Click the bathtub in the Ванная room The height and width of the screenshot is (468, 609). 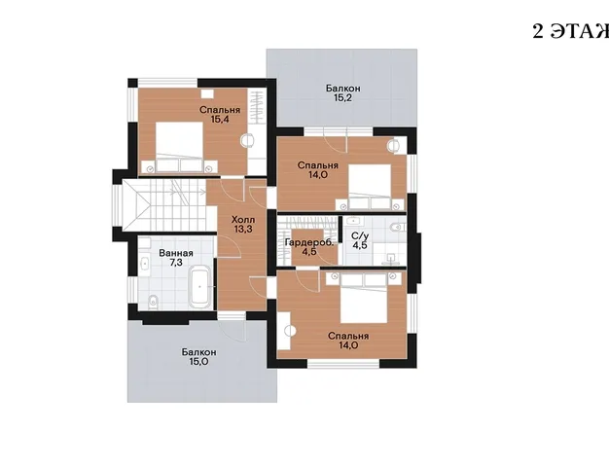click(x=200, y=287)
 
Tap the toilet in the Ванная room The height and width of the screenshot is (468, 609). click(x=154, y=302)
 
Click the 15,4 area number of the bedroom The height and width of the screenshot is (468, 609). click(x=220, y=120)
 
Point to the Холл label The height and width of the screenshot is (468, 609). click(x=243, y=220)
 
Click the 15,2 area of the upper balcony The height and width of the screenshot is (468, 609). click(x=343, y=97)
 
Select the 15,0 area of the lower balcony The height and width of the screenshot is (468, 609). click(x=198, y=362)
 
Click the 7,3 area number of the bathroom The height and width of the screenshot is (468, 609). click(x=176, y=263)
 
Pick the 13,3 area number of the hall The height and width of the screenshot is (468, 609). click(x=243, y=230)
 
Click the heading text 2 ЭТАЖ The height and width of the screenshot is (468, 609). click(x=570, y=31)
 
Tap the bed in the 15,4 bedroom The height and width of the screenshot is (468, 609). click(x=180, y=147)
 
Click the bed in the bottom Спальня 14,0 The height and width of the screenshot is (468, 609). click(x=364, y=299)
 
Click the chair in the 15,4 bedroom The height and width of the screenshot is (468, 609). click(x=247, y=140)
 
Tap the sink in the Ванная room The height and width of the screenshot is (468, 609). click(x=145, y=264)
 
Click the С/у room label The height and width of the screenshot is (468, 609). click(x=360, y=235)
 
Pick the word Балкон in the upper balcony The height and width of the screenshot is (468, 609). click(x=343, y=89)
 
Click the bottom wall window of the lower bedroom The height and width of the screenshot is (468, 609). click(x=343, y=364)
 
